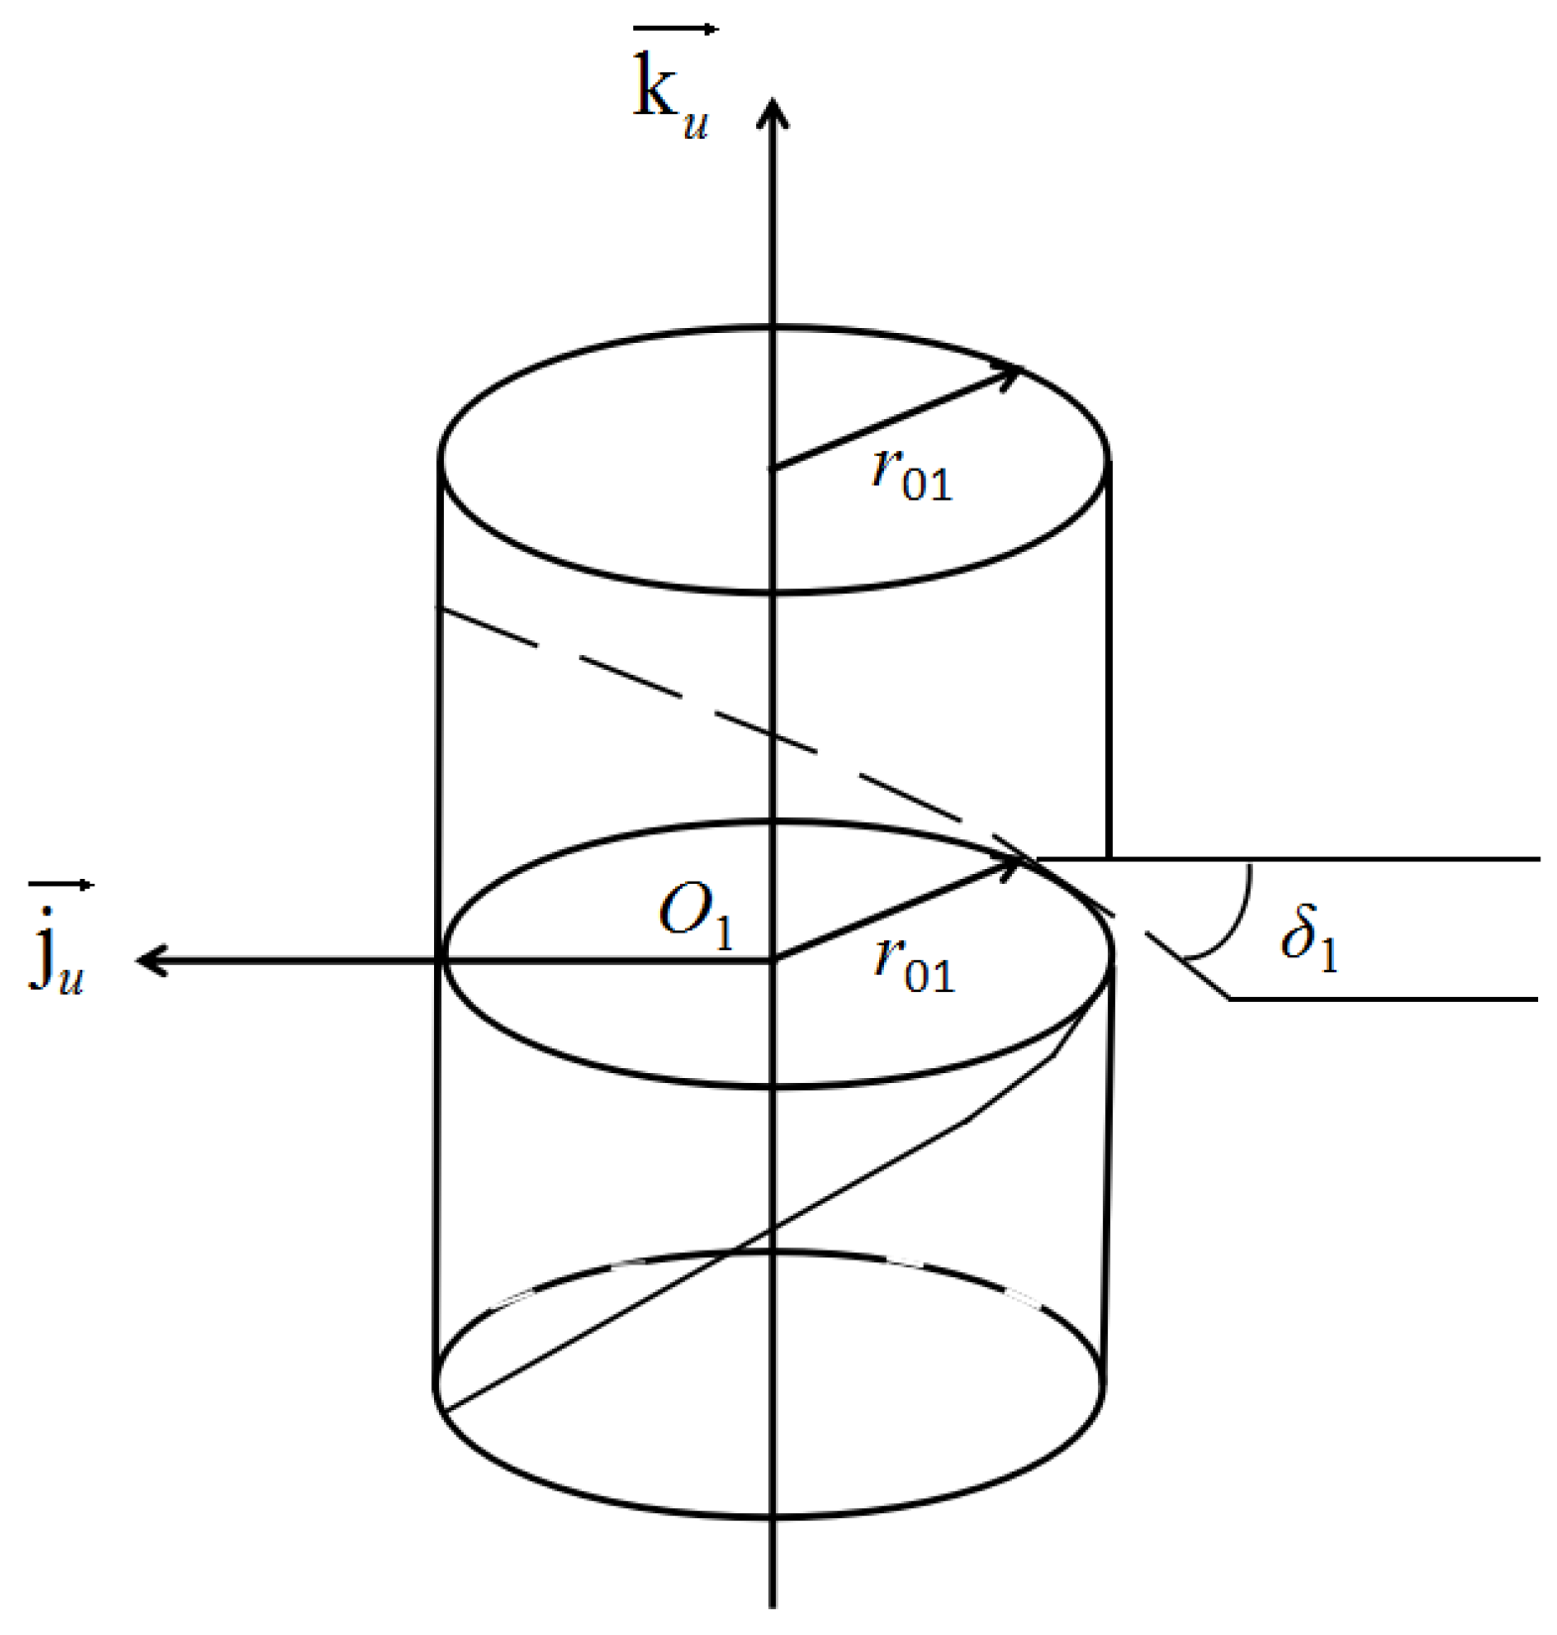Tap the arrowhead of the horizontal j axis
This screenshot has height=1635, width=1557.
pos(149,959)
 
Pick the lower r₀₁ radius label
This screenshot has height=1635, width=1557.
pos(913,965)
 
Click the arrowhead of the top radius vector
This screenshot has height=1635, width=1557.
pos(1009,375)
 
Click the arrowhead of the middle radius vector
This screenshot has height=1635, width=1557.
pos(1009,866)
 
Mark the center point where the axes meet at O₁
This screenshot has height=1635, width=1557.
pos(773,959)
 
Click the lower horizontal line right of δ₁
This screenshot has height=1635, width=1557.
pos(1388,998)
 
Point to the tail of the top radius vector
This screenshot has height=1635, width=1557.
pos(774,468)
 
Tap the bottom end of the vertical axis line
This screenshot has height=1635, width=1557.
pos(773,1600)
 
